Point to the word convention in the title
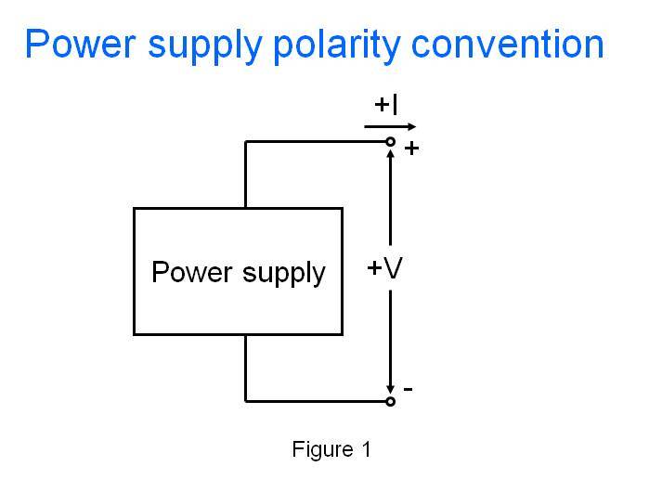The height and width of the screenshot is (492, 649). pos(513,44)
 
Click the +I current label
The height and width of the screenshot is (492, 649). pos(386,105)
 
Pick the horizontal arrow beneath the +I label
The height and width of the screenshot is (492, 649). pos(391,125)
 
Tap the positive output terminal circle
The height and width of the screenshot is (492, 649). pos(391,142)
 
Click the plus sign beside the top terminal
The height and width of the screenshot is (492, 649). pos(411,149)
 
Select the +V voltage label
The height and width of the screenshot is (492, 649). pos(384,268)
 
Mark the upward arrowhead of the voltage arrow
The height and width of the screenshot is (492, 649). pos(391,155)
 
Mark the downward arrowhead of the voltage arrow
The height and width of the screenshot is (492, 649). pos(391,388)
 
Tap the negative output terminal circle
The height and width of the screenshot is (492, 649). pos(391,401)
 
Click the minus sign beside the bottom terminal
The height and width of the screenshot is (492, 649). pos(409,390)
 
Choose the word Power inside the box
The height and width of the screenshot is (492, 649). pos(182,272)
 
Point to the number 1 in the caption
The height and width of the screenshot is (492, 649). pos(366,450)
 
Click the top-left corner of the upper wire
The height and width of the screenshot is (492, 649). pos(246,142)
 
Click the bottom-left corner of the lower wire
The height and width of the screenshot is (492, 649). pos(246,401)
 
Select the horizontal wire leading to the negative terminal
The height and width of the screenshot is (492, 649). pos(316,401)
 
